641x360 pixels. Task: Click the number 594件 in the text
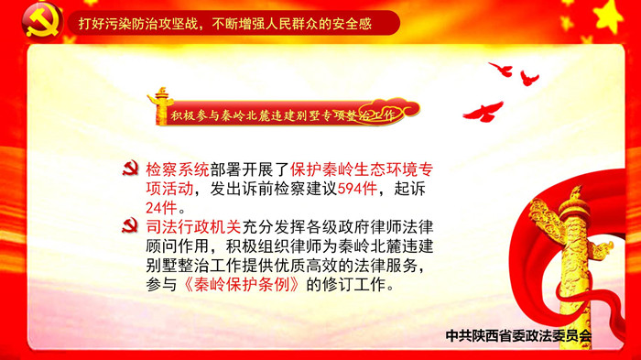pos(357,189)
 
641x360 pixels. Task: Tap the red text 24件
pos(161,208)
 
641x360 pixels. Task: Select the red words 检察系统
pos(178,169)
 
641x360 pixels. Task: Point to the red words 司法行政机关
pos(194,227)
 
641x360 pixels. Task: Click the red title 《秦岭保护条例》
pos(242,285)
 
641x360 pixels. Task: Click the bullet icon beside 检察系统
pos(130,169)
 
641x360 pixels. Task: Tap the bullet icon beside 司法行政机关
pos(130,226)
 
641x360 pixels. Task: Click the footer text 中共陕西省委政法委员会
pos(518,336)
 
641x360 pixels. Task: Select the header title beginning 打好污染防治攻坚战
pos(225,24)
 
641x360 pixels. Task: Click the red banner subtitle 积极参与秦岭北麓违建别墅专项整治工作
pos(283,115)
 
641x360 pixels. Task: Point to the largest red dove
pos(483,111)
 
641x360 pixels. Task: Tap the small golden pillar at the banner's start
pos(160,106)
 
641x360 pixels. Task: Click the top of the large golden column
pos(576,192)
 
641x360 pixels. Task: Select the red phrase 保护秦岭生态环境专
pos(362,169)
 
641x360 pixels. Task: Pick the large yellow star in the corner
pos(609,16)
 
